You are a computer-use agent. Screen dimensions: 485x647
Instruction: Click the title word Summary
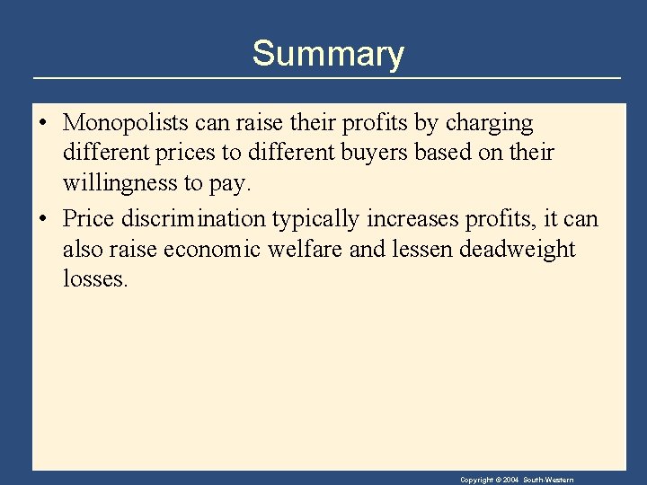328,54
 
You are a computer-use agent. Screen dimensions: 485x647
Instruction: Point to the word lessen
421,249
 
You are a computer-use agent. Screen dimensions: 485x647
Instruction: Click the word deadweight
517,250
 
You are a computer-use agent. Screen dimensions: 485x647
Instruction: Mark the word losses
95,279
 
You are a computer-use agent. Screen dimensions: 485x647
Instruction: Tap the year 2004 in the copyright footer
510,480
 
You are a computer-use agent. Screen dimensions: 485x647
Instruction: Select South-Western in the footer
549,480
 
